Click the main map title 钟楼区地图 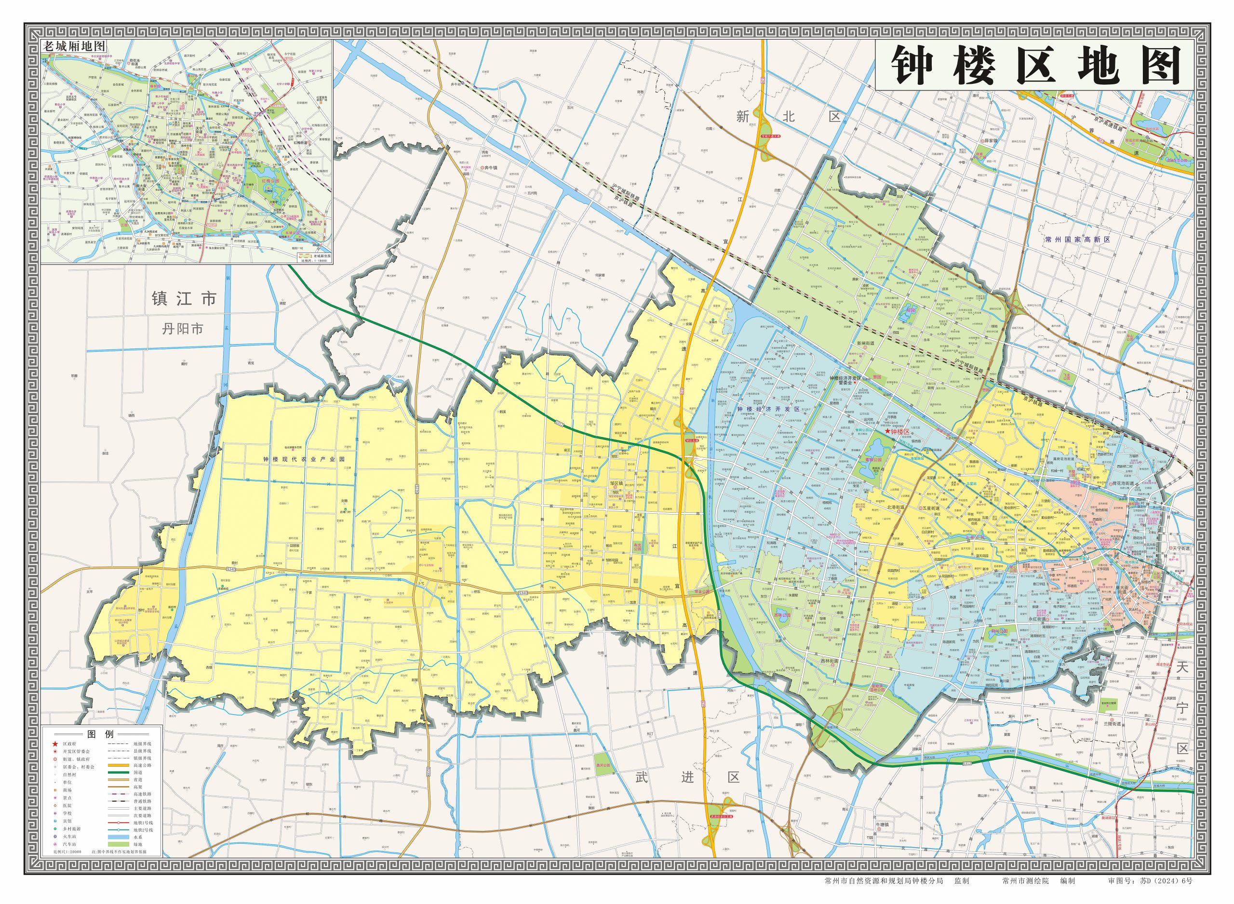(1035, 66)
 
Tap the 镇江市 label (185, 299)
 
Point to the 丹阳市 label (183, 329)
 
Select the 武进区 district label (687, 777)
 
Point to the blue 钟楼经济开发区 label (768, 409)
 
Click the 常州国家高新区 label (1077, 239)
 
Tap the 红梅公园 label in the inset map (270, 180)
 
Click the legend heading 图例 (101, 734)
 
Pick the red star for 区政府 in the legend (55, 744)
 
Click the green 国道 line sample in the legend (121, 772)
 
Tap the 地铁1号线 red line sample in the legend (121, 823)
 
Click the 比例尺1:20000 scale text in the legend (67, 852)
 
